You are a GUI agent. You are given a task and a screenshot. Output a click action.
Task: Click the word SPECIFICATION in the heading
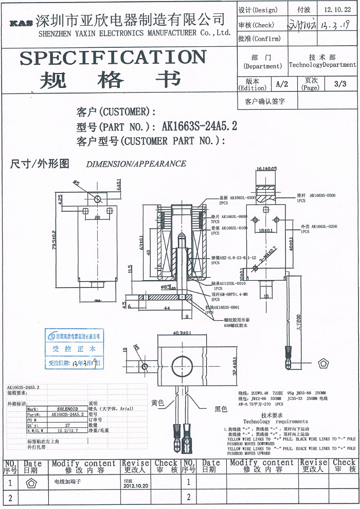pos(113,58)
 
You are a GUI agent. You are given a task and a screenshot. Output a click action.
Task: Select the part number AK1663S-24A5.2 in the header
pos(200,126)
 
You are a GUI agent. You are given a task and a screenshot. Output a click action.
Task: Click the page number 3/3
pos(340,84)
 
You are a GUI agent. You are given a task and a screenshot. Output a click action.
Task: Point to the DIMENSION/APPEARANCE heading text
pos(136,164)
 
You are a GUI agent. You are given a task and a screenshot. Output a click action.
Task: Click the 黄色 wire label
pos(158,403)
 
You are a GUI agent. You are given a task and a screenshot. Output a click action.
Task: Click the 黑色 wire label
pos(221,409)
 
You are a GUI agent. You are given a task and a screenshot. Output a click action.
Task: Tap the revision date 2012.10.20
pos(136,485)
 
